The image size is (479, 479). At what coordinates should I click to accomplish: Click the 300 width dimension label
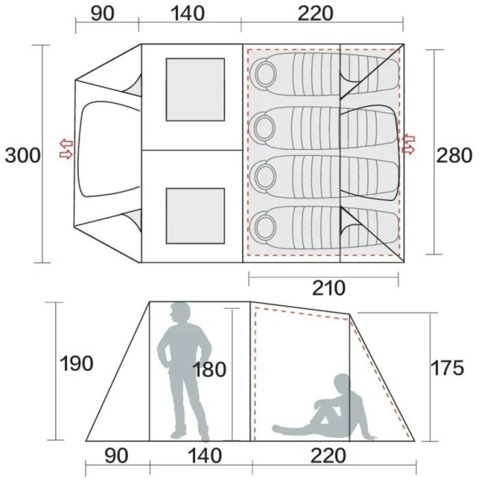(x=23, y=155)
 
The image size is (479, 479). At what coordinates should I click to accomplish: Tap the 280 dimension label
(x=454, y=155)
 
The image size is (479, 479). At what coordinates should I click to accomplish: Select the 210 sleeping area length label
(x=328, y=288)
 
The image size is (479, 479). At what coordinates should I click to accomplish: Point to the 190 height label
(x=76, y=363)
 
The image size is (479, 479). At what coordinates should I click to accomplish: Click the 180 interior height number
(x=209, y=370)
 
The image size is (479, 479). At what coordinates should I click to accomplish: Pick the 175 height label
(x=447, y=367)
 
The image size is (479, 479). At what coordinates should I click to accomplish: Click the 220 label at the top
(x=315, y=14)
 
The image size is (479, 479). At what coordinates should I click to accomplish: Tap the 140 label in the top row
(x=187, y=14)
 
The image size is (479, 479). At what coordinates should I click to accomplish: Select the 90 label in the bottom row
(x=116, y=456)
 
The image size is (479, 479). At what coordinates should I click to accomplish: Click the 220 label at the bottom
(x=328, y=456)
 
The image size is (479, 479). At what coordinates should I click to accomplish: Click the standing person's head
(x=181, y=313)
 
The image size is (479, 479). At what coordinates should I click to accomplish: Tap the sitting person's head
(x=342, y=383)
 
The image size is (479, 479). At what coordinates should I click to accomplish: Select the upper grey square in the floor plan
(x=196, y=90)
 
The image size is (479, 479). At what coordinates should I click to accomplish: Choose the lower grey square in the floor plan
(x=196, y=216)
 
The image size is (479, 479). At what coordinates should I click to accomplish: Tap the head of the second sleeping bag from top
(x=264, y=125)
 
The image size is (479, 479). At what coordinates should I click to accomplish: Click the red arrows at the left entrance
(x=66, y=149)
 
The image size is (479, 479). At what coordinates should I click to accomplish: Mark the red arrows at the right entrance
(x=409, y=144)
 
